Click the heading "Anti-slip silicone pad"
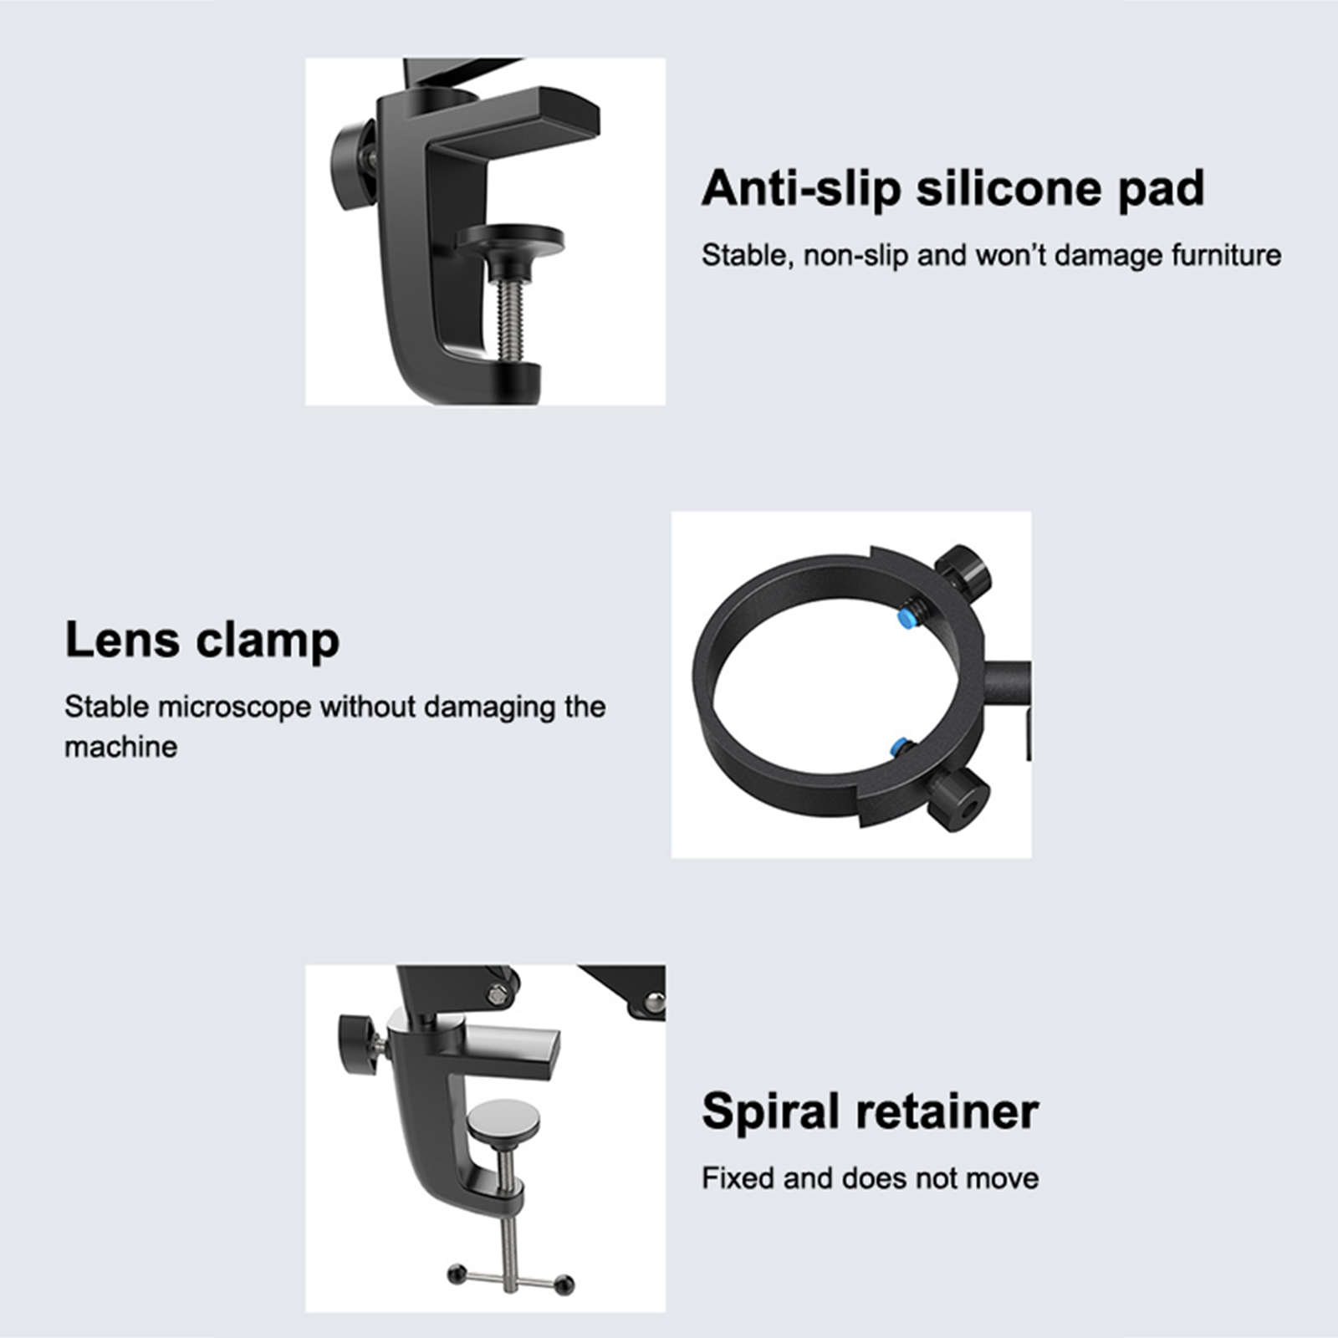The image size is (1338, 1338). point(953,189)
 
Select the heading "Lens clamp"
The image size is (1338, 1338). point(202,641)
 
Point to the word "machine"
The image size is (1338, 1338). point(121,747)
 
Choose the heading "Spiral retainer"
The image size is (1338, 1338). point(871,1111)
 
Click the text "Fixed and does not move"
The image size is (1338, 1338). point(871,1178)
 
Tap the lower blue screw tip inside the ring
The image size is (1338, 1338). point(901,746)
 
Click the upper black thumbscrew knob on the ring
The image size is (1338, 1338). point(963,571)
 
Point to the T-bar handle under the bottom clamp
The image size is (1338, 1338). point(511,1278)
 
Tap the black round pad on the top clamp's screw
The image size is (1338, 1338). point(510,239)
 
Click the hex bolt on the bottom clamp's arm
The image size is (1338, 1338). point(499,995)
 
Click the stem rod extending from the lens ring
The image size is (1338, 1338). point(1008,684)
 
